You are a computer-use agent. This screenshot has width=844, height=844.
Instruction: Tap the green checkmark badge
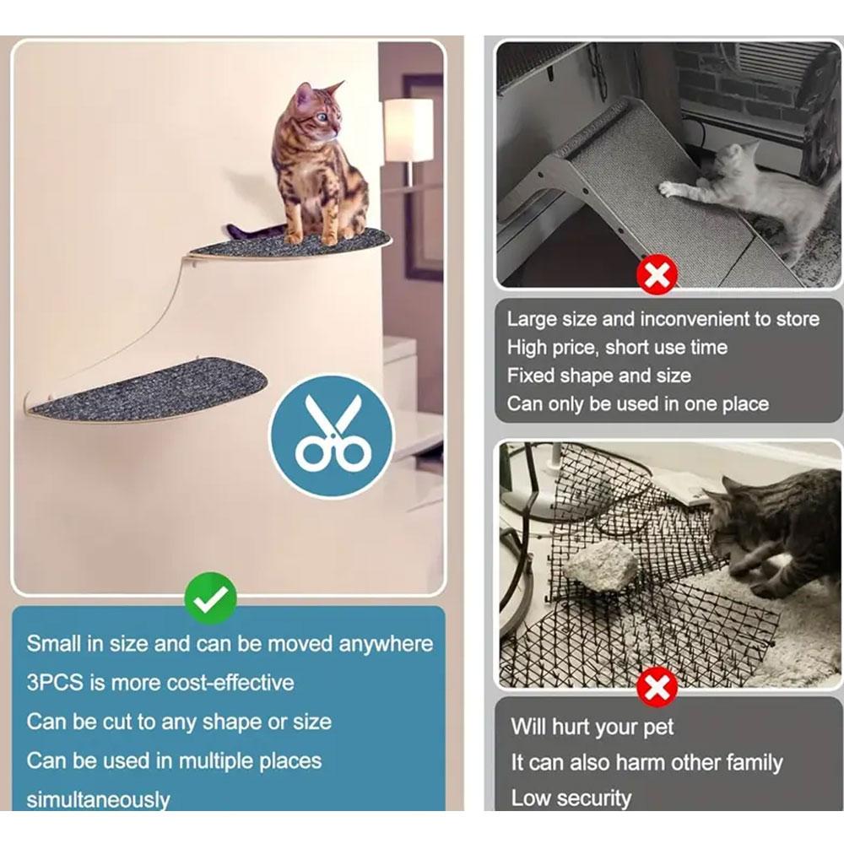(210, 598)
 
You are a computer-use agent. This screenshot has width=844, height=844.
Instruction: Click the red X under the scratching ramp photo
(656, 275)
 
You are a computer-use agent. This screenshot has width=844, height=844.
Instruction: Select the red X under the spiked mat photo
(656, 687)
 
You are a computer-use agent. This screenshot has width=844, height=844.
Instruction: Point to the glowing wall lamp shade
(408, 129)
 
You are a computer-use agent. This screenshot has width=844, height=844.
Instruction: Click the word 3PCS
(55, 683)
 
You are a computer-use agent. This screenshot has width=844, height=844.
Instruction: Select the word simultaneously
(98, 800)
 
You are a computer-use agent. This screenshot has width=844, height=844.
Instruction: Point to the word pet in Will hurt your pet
(658, 728)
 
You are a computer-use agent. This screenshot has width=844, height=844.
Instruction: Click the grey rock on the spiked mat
(601, 565)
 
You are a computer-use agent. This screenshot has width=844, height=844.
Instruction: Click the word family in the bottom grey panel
(754, 763)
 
